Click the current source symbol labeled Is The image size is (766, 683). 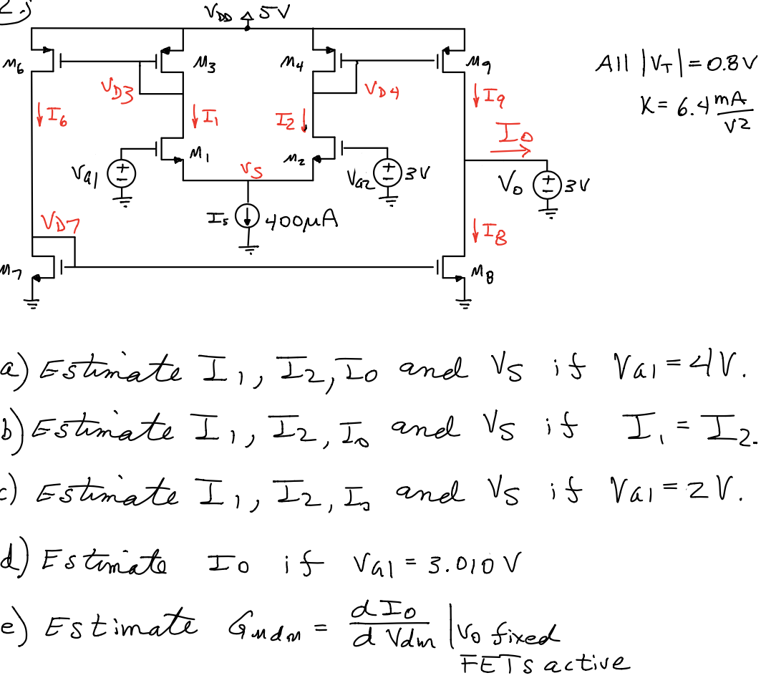coord(248,220)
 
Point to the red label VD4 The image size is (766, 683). coord(381,90)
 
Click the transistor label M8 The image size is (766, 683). coord(485,271)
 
